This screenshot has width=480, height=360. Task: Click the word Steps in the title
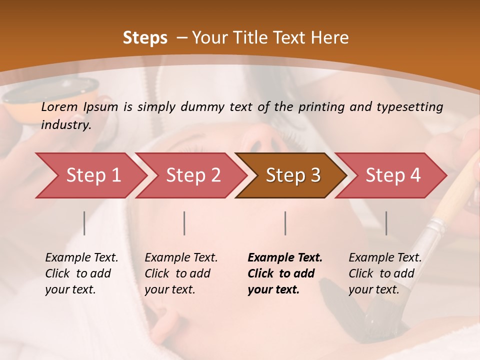pos(145,38)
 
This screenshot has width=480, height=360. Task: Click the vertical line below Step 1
pos(84,223)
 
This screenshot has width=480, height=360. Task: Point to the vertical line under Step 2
pos(184,223)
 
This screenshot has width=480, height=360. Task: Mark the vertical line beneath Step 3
pos(285,223)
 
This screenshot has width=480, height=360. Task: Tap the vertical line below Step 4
pos(386,223)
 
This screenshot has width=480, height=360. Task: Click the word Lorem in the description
pos(59,106)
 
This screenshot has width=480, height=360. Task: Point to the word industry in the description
pos(66,125)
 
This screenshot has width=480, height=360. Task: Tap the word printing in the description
pos(320,107)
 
